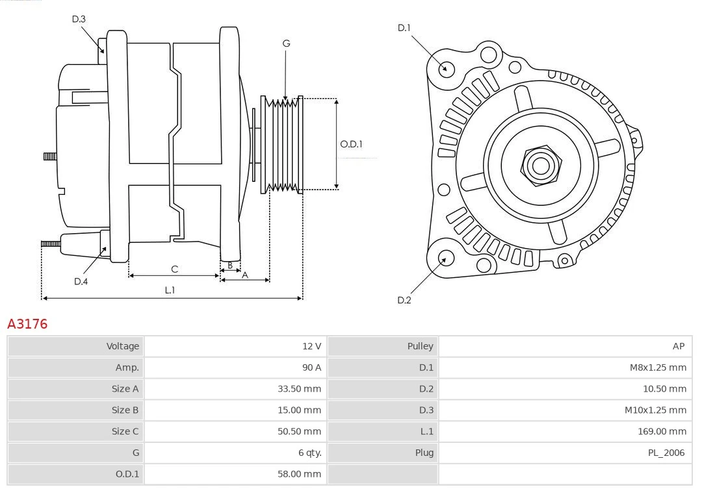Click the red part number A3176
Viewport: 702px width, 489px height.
coord(27,323)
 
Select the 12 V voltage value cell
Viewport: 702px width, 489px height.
coord(311,346)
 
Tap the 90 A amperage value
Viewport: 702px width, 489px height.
coord(311,368)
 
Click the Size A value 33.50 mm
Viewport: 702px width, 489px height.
coord(299,389)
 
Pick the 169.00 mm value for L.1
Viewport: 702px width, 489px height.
coord(662,431)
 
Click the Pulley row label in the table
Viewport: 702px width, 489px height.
coord(420,346)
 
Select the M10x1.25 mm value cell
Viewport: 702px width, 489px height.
coord(655,410)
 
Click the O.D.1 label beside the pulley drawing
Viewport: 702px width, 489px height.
coord(351,144)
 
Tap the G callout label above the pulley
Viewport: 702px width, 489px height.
coord(286,44)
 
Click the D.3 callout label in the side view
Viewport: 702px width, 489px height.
coord(79,19)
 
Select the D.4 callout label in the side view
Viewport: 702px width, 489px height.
coord(81,281)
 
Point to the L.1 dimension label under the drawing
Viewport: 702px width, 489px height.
coord(170,290)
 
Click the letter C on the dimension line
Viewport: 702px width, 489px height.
coord(174,269)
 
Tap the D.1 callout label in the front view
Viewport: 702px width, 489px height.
coord(404,27)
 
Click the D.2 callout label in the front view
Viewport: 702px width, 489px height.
coord(404,300)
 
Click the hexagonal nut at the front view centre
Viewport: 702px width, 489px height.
coord(540,165)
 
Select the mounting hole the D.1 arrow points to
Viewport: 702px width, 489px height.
coord(447,68)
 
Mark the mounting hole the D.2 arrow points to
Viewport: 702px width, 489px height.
coord(445,258)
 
